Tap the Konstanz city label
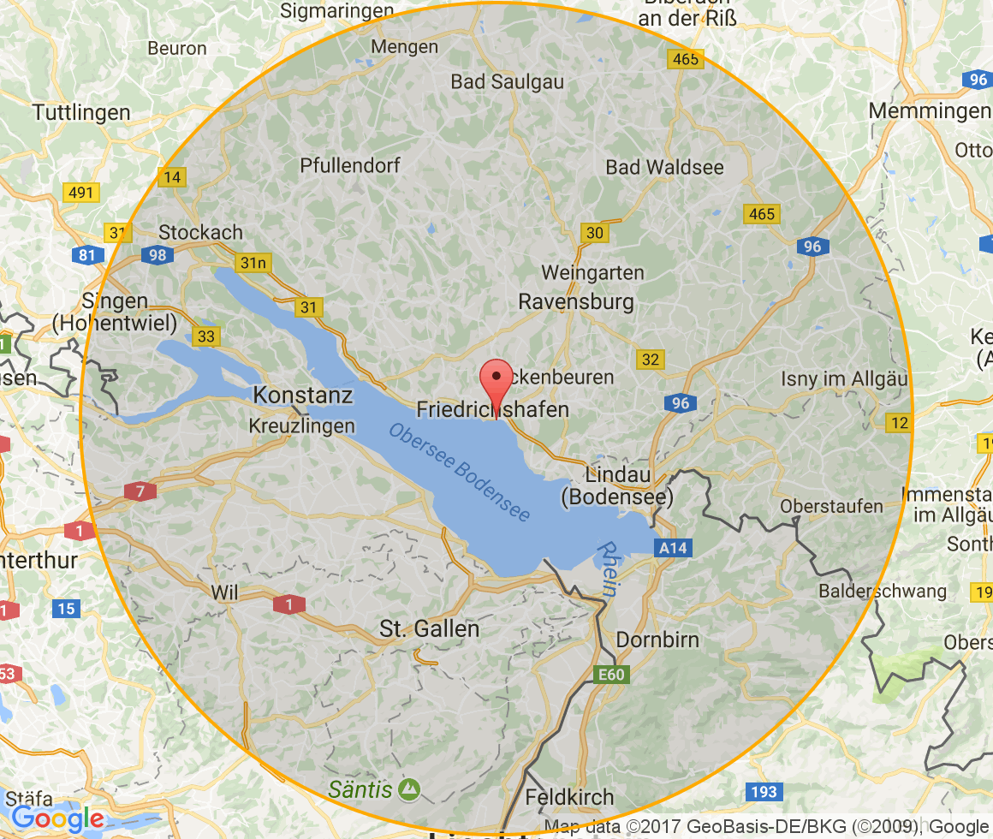303,396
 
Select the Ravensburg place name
576,301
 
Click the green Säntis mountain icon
410,788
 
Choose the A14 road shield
672,549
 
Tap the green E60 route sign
611,675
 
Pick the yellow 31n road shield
253,263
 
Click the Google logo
57,818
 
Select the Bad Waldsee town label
664,167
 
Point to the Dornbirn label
657,640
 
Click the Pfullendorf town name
350,165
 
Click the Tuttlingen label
81,112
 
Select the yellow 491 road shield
80,193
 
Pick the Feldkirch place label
569,797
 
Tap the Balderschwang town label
883,591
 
